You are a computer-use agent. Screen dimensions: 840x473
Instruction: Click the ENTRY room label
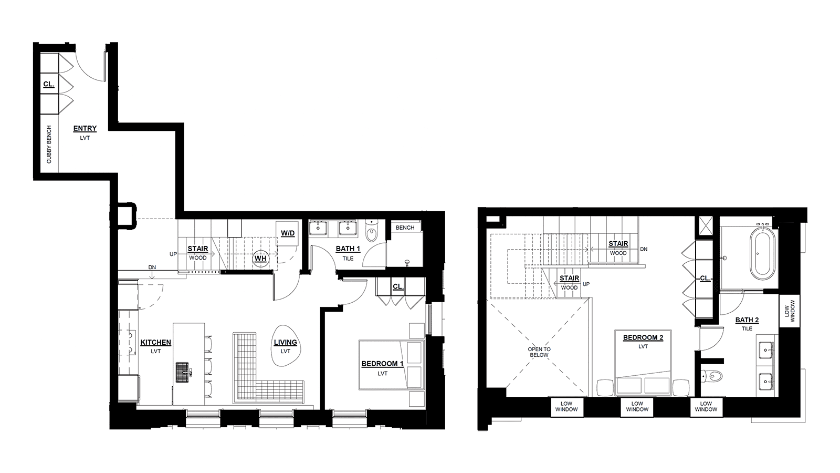[85, 128]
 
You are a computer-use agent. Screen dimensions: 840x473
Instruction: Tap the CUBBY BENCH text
[49, 144]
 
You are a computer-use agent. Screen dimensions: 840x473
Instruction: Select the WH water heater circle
[260, 258]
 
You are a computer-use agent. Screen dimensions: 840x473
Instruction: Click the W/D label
[288, 233]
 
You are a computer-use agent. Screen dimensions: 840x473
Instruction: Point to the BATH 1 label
[348, 249]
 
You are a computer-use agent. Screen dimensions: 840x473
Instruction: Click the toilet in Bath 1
[372, 231]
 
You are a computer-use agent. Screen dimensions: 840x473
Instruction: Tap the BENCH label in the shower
[405, 228]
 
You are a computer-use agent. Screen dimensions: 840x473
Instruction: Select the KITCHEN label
[155, 342]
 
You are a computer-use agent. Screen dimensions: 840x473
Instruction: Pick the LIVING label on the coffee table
[286, 342]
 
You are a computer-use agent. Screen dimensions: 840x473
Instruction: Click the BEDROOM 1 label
[383, 364]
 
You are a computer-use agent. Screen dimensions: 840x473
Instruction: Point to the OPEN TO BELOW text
[539, 352]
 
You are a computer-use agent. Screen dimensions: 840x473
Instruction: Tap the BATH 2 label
[747, 320]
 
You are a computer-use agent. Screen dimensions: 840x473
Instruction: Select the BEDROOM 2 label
[643, 337]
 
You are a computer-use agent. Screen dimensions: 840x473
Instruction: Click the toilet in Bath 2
[711, 375]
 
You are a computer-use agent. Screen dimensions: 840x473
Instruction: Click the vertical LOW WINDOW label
[790, 311]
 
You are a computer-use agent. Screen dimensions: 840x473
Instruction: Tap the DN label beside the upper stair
[644, 249]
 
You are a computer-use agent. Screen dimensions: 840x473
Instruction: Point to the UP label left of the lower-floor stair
[173, 254]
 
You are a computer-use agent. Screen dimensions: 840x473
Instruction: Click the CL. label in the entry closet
[49, 84]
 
